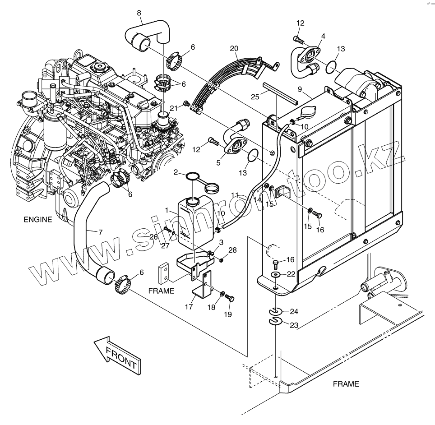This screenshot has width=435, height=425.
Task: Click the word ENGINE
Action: (38, 220)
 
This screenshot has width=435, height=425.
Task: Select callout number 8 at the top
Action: (139, 13)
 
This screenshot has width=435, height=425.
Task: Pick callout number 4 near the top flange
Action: (323, 36)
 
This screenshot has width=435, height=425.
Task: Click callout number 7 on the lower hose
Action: (100, 232)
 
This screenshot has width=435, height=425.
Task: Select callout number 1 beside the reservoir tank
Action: (167, 210)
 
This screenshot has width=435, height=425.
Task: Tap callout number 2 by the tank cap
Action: (176, 172)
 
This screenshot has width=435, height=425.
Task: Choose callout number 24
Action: (294, 311)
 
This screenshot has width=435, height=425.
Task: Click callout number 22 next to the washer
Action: (291, 274)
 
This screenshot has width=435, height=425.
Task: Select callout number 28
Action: (232, 250)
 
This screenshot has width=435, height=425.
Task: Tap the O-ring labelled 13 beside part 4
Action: (332, 66)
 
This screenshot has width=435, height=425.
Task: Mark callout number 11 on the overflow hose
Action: (235, 195)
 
